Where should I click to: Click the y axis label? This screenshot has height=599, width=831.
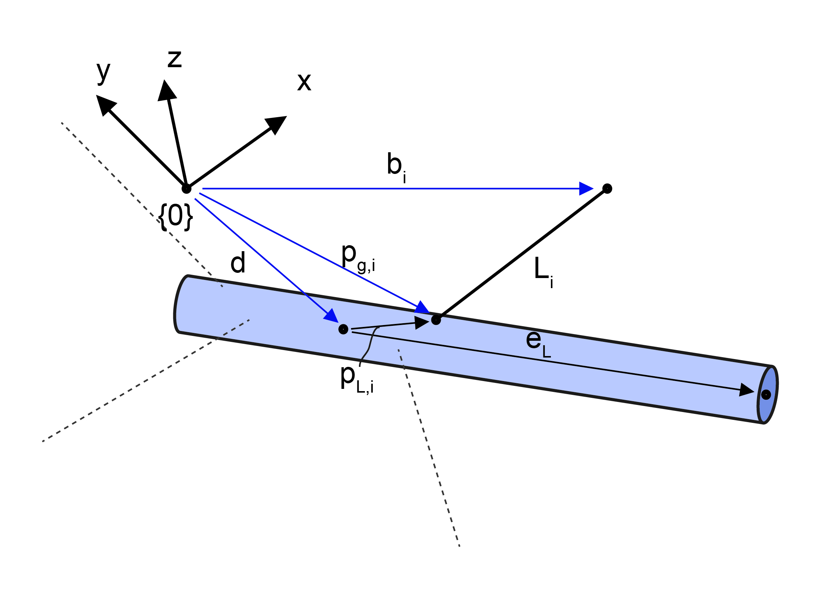[103, 73]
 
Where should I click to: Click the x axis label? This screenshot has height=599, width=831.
[304, 82]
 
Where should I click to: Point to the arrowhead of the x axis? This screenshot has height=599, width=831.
[277, 124]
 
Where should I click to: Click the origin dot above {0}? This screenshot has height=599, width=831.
[186, 189]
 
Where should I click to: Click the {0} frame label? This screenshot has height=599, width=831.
[176, 217]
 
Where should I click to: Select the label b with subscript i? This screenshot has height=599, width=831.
[396, 167]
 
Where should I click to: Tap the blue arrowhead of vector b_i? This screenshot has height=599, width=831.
[586, 188]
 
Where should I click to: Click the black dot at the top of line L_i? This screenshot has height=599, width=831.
[607, 188]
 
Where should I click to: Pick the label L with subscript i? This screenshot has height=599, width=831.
[543, 271]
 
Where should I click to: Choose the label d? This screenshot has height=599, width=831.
[238, 263]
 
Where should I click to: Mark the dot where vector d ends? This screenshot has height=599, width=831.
[343, 329]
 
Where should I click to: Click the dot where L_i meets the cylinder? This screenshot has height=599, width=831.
[436, 320]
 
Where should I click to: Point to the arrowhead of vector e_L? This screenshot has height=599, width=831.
[746, 390]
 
